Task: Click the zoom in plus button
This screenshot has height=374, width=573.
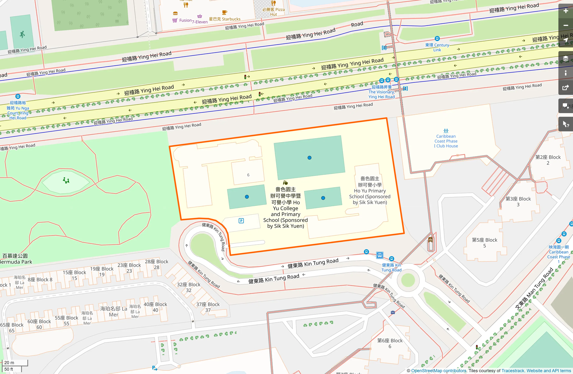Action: (x=566, y=11)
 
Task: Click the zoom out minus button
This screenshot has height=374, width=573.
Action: (x=566, y=26)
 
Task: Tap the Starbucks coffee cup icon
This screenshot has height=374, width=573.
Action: (x=224, y=12)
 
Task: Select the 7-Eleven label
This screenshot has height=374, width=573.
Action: (x=200, y=22)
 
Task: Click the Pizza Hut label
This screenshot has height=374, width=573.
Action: (x=274, y=12)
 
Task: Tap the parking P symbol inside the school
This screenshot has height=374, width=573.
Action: (x=241, y=221)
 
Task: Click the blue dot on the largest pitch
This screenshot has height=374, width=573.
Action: (x=309, y=158)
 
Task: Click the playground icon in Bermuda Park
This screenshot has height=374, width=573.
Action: (x=66, y=181)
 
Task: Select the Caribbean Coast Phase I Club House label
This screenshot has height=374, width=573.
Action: (x=446, y=141)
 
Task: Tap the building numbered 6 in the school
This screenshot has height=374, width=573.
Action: (x=248, y=175)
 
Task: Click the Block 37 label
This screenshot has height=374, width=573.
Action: (x=208, y=307)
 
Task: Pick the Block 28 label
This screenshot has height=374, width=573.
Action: (x=157, y=264)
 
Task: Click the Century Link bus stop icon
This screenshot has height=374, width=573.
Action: (x=437, y=39)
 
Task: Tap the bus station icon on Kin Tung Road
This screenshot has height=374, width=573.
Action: (x=380, y=255)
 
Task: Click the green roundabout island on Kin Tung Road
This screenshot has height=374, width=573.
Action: (x=408, y=280)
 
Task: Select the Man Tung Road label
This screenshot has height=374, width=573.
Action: (x=534, y=289)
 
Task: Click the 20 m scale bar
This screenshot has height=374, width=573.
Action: (x=15, y=363)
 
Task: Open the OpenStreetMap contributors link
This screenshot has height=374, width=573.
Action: (x=439, y=371)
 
